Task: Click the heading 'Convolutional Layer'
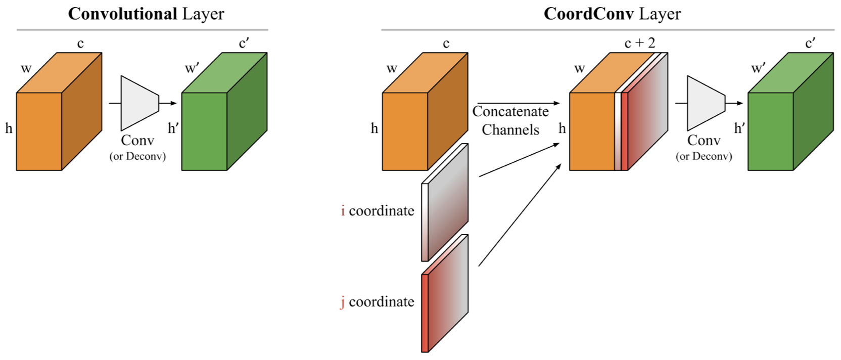pyautogui.click(x=146, y=14)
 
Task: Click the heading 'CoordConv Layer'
pyautogui.click(x=612, y=14)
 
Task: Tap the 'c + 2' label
pyautogui.click(x=640, y=43)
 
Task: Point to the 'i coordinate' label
pyautogui.click(x=378, y=211)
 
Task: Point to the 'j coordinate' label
pyautogui.click(x=378, y=302)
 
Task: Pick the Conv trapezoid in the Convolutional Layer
pyautogui.click(x=139, y=103)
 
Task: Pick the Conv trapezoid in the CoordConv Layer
pyautogui.click(x=706, y=103)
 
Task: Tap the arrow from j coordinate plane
pyautogui.click(x=521, y=214)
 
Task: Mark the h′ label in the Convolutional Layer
pyautogui.click(x=174, y=128)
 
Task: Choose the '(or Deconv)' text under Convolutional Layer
pyautogui.click(x=137, y=157)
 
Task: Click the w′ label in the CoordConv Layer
pyautogui.click(x=757, y=69)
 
